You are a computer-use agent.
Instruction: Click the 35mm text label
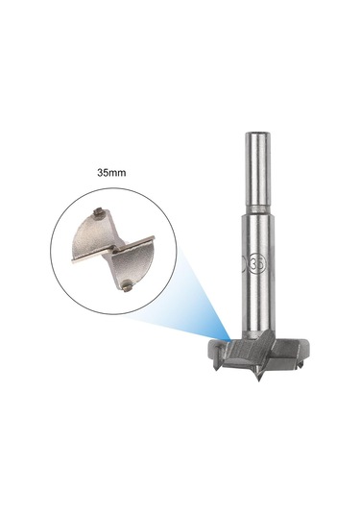click(x=111, y=172)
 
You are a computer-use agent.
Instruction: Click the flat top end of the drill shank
click(x=258, y=134)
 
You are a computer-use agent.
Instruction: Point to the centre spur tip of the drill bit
click(x=259, y=380)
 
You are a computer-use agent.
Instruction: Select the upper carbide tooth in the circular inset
click(x=98, y=212)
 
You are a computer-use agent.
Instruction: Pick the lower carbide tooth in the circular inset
click(x=126, y=286)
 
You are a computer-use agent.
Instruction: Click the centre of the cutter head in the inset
click(x=113, y=249)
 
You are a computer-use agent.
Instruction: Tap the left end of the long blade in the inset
click(x=72, y=261)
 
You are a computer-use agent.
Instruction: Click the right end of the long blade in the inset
click(x=153, y=238)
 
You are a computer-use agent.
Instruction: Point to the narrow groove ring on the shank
click(x=258, y=208)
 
